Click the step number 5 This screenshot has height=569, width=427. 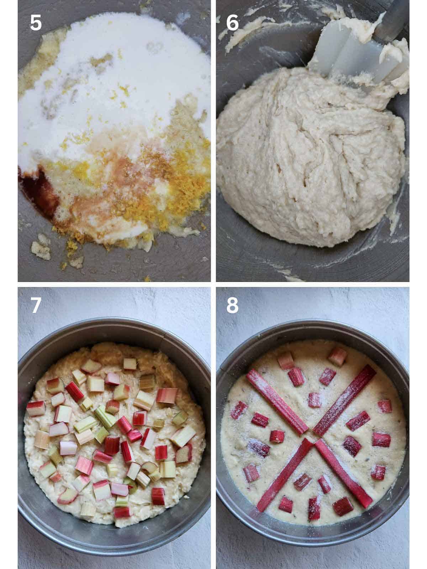click(x=36, y=22)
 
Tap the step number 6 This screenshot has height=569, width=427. click(x=232, y=22)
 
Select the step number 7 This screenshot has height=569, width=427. click(x=36, y=305)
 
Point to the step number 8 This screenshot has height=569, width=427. click(x=232, y=305)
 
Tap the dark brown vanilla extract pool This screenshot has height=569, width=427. click(x=38, y=189)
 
